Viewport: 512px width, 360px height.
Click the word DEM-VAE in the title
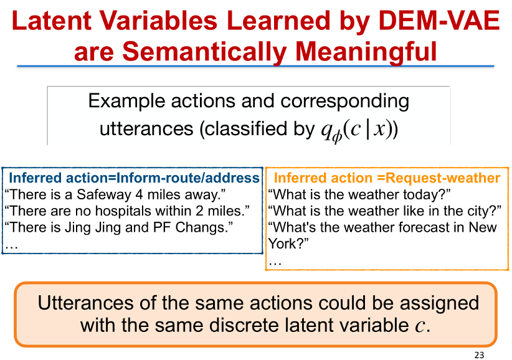tap(440, 21)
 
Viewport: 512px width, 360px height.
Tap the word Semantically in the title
tap(204, 51)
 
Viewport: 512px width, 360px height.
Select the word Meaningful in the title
tap(366, 51)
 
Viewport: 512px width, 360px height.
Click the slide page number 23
tap(479, 355)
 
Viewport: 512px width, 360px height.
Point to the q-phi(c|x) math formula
tap(359, 130)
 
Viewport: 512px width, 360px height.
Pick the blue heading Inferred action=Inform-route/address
tap(134, 178)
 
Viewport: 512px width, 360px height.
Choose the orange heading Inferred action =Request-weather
tap(387, 178)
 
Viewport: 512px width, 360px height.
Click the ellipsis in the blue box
tap(11, 248)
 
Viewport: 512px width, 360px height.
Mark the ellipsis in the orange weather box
tap(275, 264)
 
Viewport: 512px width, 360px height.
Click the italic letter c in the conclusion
tap(420, 326)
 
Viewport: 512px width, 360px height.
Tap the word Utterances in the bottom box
tap(85, 303)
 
